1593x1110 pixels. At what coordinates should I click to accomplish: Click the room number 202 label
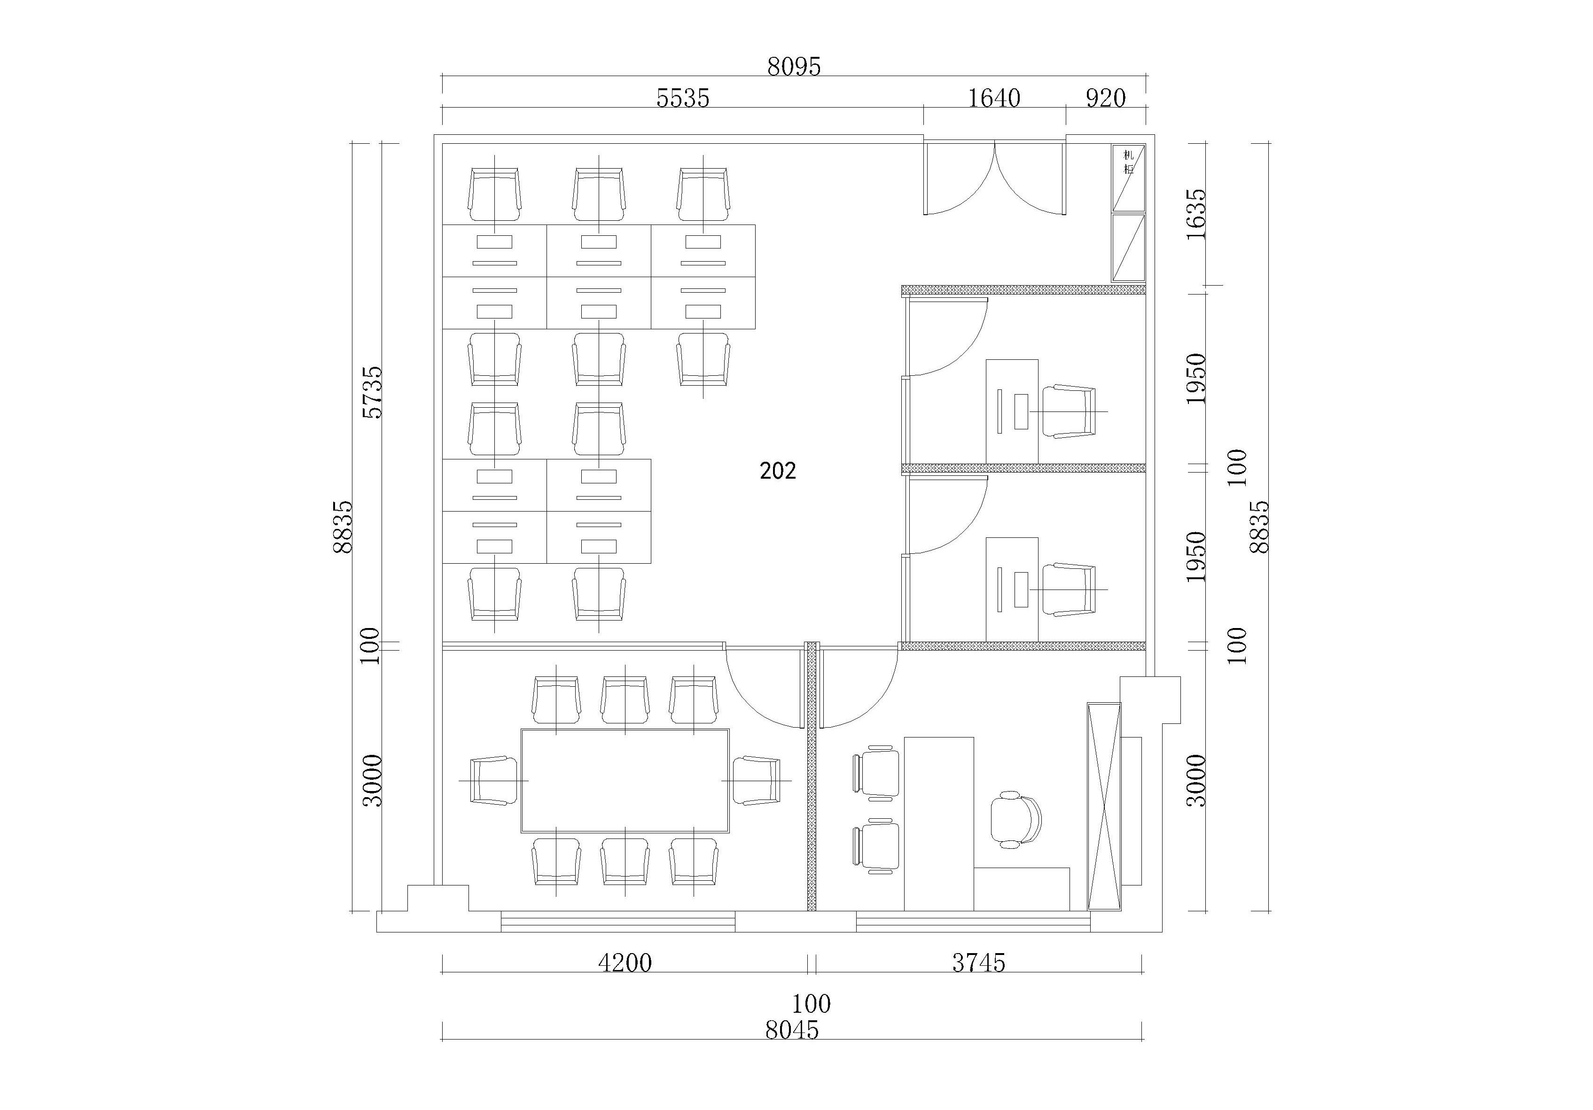tap(778, 471)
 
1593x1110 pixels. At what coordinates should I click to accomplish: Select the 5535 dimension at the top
tap(683, 99)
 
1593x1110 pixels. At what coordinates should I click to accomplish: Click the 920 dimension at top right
tap(1105, 99)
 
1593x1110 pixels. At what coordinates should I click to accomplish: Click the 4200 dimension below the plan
tap(625, 963)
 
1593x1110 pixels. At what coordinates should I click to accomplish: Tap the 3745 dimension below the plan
tap(978, 963)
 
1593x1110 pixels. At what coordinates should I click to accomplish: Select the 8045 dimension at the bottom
tap(792, 1030)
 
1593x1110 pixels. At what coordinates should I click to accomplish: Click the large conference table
tap(625, 780)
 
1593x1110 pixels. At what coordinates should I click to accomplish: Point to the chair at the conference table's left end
tap(494, 780)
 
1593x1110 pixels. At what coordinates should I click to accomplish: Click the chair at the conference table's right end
tap(756, 780)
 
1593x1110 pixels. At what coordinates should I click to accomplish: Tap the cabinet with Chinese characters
tap(1128, 178)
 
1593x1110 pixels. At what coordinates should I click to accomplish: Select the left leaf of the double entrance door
tap(959, 178)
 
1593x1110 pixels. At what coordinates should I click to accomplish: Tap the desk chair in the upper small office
tap(1069, 412)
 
